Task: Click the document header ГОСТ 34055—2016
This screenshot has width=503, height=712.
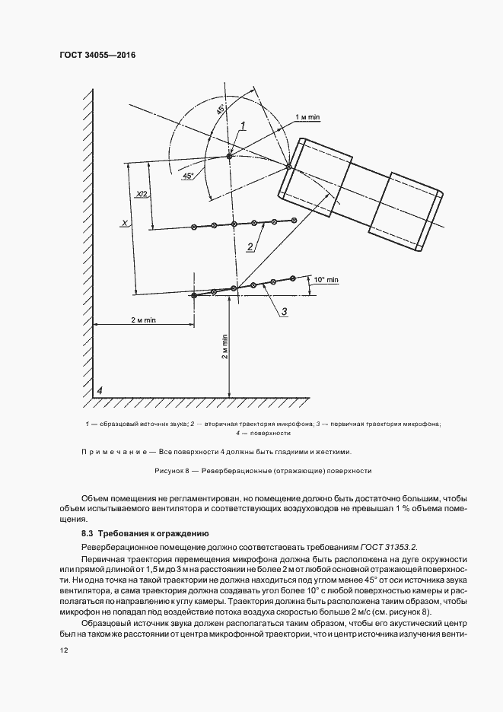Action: [x=91, y=55]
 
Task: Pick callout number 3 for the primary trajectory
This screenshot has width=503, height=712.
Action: [x=284, y=311]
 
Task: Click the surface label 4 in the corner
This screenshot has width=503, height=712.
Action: [x=98, y=391]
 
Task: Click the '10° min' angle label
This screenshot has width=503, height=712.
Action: [x=326, y=280]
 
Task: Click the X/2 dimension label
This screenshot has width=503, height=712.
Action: [x=142, y=195]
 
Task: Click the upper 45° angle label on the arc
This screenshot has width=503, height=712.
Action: [x=221, y=110]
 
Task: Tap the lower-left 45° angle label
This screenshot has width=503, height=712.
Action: [x=188, y=176]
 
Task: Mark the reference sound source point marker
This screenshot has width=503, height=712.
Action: [x=229, y=157]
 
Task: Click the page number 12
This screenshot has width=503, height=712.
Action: [x=63, y=650]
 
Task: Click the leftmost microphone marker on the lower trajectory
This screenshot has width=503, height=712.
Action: [x=194, y=295]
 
